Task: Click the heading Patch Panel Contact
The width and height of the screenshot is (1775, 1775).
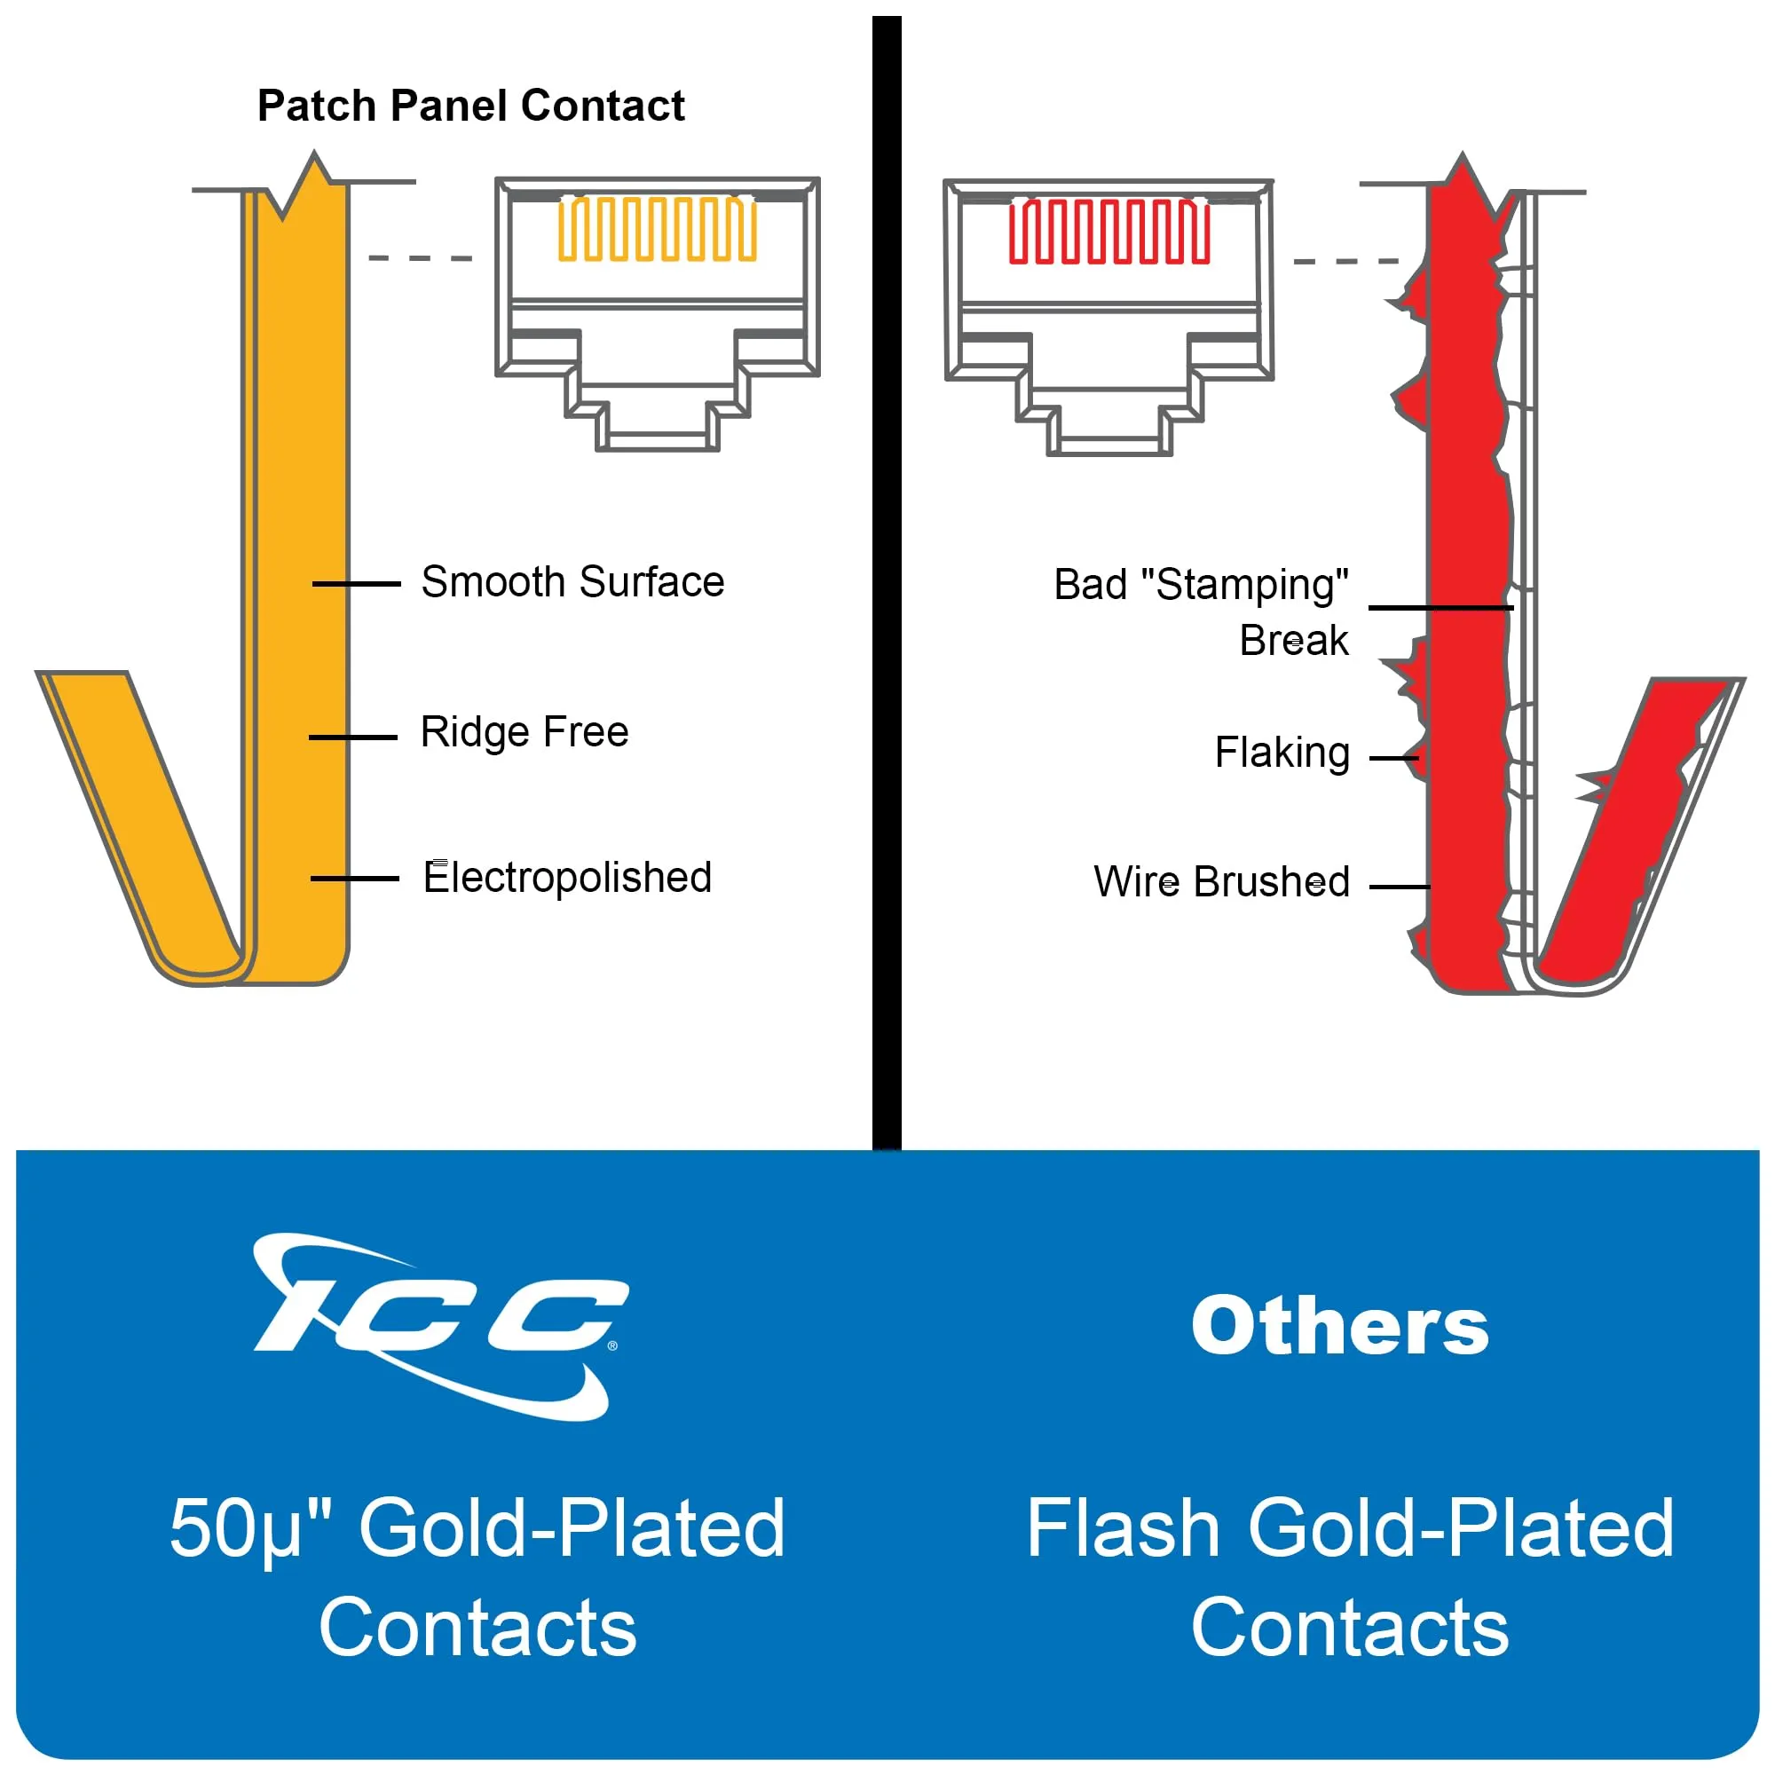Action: (x=470, y=106)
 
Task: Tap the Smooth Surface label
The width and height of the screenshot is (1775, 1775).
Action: (x=572, y=582)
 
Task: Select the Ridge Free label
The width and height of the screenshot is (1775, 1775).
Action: (x=524, y=732)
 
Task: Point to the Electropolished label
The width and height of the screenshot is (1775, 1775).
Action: (x=568, y=878)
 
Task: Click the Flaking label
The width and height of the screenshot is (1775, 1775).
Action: (x=1282, y=753)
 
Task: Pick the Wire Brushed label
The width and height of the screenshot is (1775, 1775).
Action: (x=1221, y=882)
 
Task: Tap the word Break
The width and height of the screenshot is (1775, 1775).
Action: (x=1294, y=642)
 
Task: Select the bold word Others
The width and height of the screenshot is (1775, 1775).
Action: (x=1339, y=1327)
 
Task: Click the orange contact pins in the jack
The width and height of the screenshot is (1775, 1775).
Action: (x=657, y=229)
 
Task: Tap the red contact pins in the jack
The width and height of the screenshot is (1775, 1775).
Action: (x=1108, y=232)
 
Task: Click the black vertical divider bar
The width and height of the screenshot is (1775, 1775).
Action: (x=887, y=579)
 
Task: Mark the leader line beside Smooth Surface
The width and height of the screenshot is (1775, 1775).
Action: (x=357, y=583)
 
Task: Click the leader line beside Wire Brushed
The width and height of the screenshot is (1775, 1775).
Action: (x=1400, y=887)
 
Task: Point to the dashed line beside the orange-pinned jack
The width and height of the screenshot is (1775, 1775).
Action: (x=420, y=258)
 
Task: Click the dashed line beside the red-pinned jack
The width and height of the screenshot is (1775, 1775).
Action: (x=1345, y=262)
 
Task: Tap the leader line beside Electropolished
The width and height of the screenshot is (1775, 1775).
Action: (x=355, y=880)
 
